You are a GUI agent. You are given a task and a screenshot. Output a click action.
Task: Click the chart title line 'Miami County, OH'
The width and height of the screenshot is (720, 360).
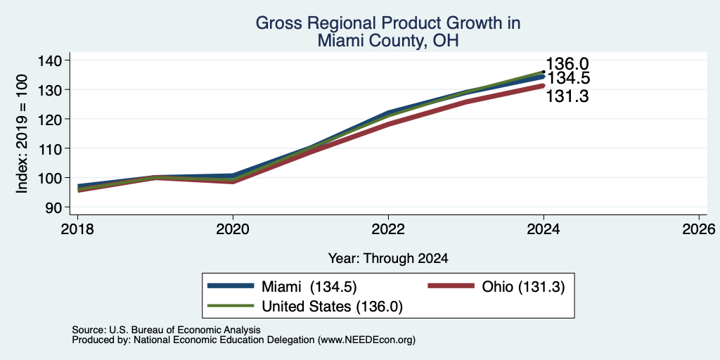pyautogui.click(x=388, y=41)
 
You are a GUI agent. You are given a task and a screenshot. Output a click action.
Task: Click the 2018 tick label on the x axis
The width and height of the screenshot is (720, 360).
pyautogui.click(x=77, y=229)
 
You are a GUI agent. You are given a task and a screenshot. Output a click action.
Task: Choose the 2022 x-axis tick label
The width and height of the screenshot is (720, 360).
pyautogui.click(x=388, y=229)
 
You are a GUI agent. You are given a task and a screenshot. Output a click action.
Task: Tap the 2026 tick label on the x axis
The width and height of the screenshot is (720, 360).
pyautogui.click(x=699, y=229)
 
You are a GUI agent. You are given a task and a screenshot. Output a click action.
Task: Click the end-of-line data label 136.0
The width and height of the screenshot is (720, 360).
pyautogui.click(x=567, y=64)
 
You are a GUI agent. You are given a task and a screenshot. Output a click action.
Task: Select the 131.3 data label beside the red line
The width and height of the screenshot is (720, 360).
pyautogui.click(x=567, y=96)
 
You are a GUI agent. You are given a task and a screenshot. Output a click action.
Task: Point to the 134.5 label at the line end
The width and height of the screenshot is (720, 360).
pyautogui.click(x=568, y=79)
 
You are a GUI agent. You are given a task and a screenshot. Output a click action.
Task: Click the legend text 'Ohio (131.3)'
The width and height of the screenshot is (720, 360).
pyautogui.click(x=523, y=287)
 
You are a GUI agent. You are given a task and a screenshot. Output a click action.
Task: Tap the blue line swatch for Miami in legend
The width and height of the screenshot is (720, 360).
pyautogui.click(x=231, y=285)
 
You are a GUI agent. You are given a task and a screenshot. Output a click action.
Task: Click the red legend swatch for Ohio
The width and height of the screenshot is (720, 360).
pyautogui.click(x=451, y=285)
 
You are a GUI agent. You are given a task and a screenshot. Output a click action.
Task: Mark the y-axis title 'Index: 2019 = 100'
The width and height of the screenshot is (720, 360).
pyautogui.click(x=22, y=134)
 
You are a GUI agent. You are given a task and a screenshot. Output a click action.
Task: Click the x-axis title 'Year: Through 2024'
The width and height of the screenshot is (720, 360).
pyautogui.click(x=388, y=259)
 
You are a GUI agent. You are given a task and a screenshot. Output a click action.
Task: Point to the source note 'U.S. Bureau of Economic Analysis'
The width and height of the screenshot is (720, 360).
pyautogui.click(x=185, y=330)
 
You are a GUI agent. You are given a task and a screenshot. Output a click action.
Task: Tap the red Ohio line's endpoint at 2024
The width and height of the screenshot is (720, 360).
pyautogui.click(x=544, y=85)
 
